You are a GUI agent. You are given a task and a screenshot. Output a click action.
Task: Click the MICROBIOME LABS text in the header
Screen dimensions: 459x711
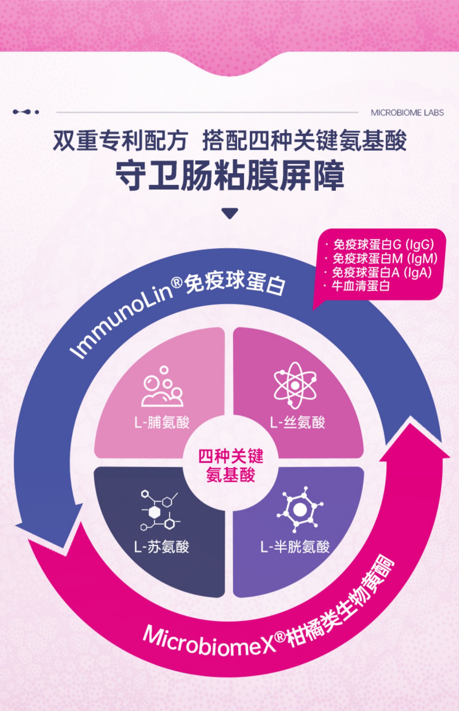pyautogui.click(x=407, y=113)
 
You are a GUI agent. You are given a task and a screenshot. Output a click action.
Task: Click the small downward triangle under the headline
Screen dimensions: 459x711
pyautogui.click(x=230, y=213)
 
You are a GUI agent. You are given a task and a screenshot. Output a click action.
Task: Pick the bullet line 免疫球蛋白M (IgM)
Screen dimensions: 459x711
pyautogui.click(x=385, y=259)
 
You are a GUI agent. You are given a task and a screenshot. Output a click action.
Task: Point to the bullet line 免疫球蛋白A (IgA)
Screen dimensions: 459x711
pyautogui.click(x=382, y=273)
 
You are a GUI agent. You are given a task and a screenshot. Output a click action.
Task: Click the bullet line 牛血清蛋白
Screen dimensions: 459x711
pyautogui.click(x=360, y=286)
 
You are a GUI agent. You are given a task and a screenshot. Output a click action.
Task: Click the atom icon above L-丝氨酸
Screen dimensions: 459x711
pyautogui.click(x=295, y=385)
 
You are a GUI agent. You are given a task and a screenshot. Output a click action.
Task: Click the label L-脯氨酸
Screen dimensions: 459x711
pyautogui.click(x=162, y=423)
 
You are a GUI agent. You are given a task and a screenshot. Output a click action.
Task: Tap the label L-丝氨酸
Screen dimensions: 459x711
pyautogui.click(x=297, y=423)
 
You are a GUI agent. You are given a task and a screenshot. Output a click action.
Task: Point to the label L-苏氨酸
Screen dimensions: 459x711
pyautogui.click(x=162, y=547)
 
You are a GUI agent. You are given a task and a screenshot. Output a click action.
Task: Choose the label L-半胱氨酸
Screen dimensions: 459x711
pyautogui.click(x=295, y=547)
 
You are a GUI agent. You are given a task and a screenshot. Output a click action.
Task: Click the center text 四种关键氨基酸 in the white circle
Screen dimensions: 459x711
pyautogui.click(x=230, y=466)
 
